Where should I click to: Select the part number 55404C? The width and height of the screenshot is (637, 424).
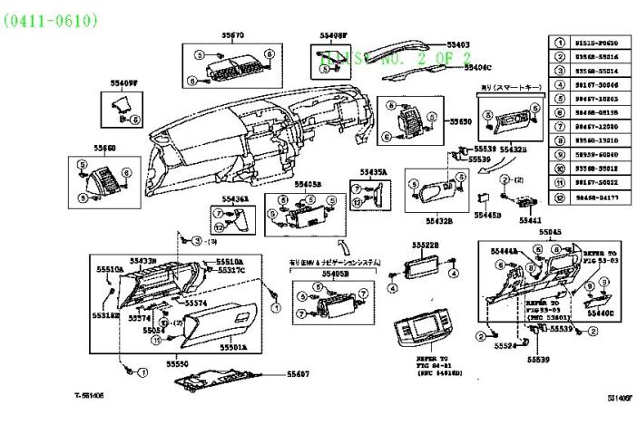coord(476,66)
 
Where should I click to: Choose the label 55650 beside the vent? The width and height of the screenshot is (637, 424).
coord(462,120)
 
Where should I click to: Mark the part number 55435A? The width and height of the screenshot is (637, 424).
coord(372,171)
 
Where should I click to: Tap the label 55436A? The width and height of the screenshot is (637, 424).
coord(236,198)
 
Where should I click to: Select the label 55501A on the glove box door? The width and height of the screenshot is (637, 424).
coord(232,346)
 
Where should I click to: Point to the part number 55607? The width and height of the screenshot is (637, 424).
coord(299,373)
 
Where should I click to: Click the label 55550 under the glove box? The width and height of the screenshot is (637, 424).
coord(176,363)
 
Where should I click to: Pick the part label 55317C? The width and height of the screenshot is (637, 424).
coord(230,270)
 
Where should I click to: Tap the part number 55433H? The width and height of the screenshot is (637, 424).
coord(143,261)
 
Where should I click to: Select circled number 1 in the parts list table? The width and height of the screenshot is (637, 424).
coord(560,42)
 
